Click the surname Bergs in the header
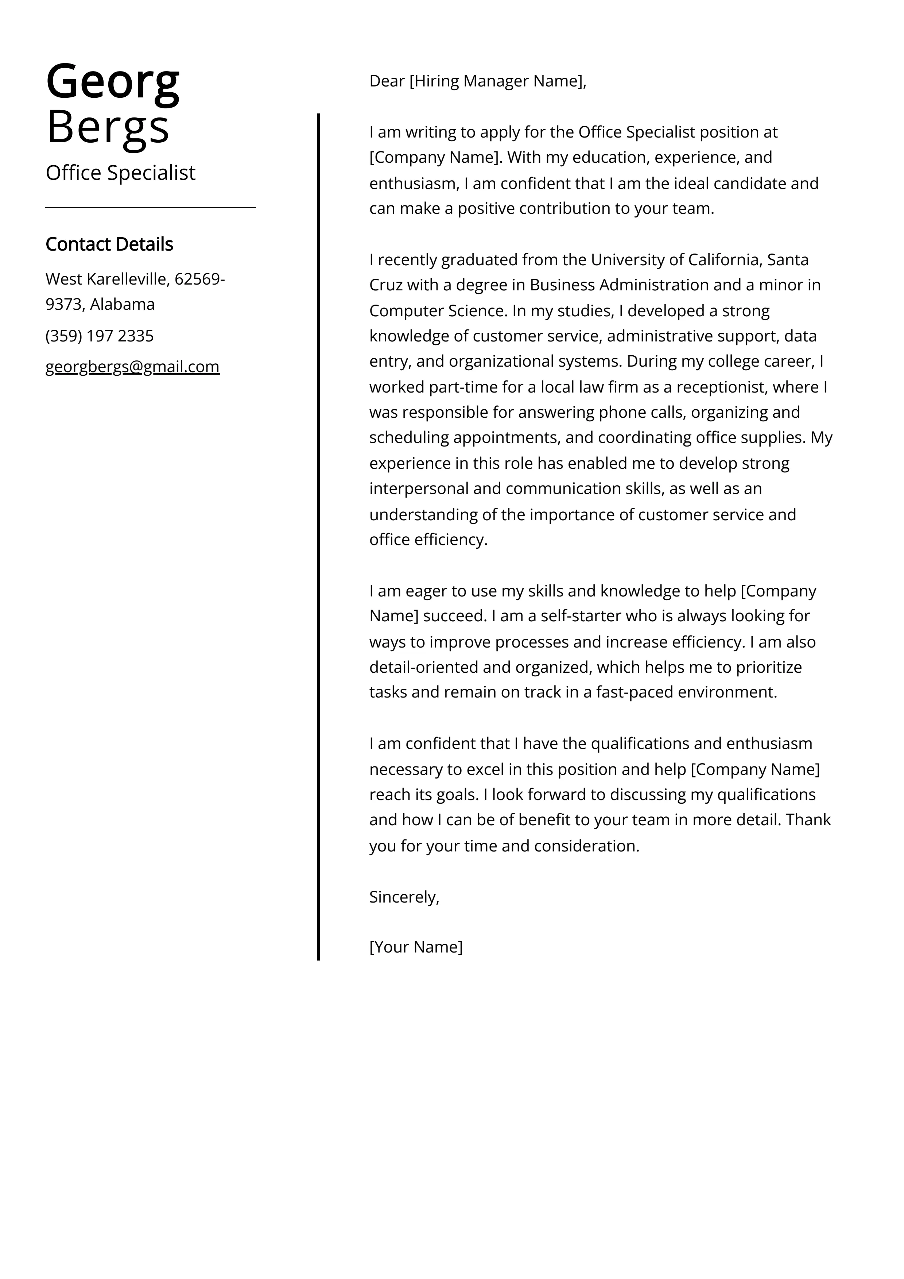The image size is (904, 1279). point(108,127)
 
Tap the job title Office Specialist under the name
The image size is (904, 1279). point(120,173)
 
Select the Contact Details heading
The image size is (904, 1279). point(109,244)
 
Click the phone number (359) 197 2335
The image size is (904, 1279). point(99,336)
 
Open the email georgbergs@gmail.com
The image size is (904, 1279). point(133,367)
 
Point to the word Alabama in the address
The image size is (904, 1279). point(123,304)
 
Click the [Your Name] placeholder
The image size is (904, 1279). point(415,947)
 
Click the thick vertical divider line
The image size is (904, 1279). point(319,535)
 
